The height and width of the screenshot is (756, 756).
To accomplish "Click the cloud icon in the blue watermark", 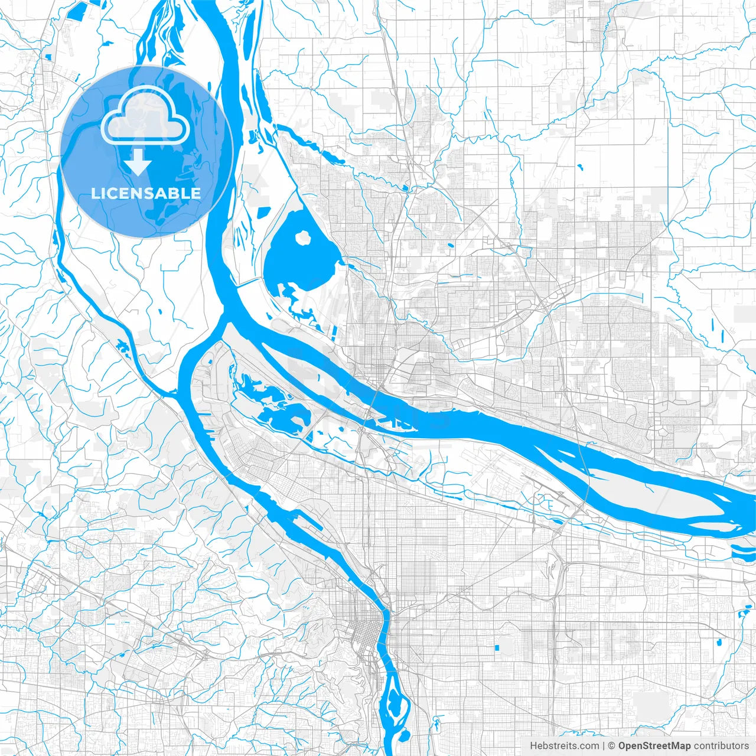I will (145, 118).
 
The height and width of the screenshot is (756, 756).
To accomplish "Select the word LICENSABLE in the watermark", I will (145, 193).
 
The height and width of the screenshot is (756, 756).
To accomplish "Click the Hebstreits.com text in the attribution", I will (564, 746).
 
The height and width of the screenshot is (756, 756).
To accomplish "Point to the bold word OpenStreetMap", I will (654, 746).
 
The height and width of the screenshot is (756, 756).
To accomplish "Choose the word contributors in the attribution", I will (721, 746).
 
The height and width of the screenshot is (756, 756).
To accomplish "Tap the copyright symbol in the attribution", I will (612, 746).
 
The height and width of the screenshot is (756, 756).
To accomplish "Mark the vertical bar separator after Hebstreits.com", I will (603, 746).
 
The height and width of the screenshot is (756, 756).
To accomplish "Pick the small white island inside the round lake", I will (304, 238).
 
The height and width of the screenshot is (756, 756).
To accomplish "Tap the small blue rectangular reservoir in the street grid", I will (497, 648).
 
